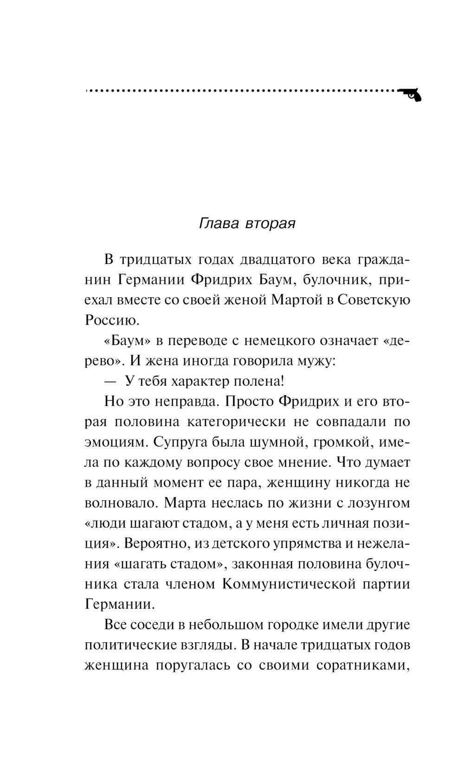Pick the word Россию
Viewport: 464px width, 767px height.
tap(112, 320)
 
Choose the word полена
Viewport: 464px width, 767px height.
tap(260, 381)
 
